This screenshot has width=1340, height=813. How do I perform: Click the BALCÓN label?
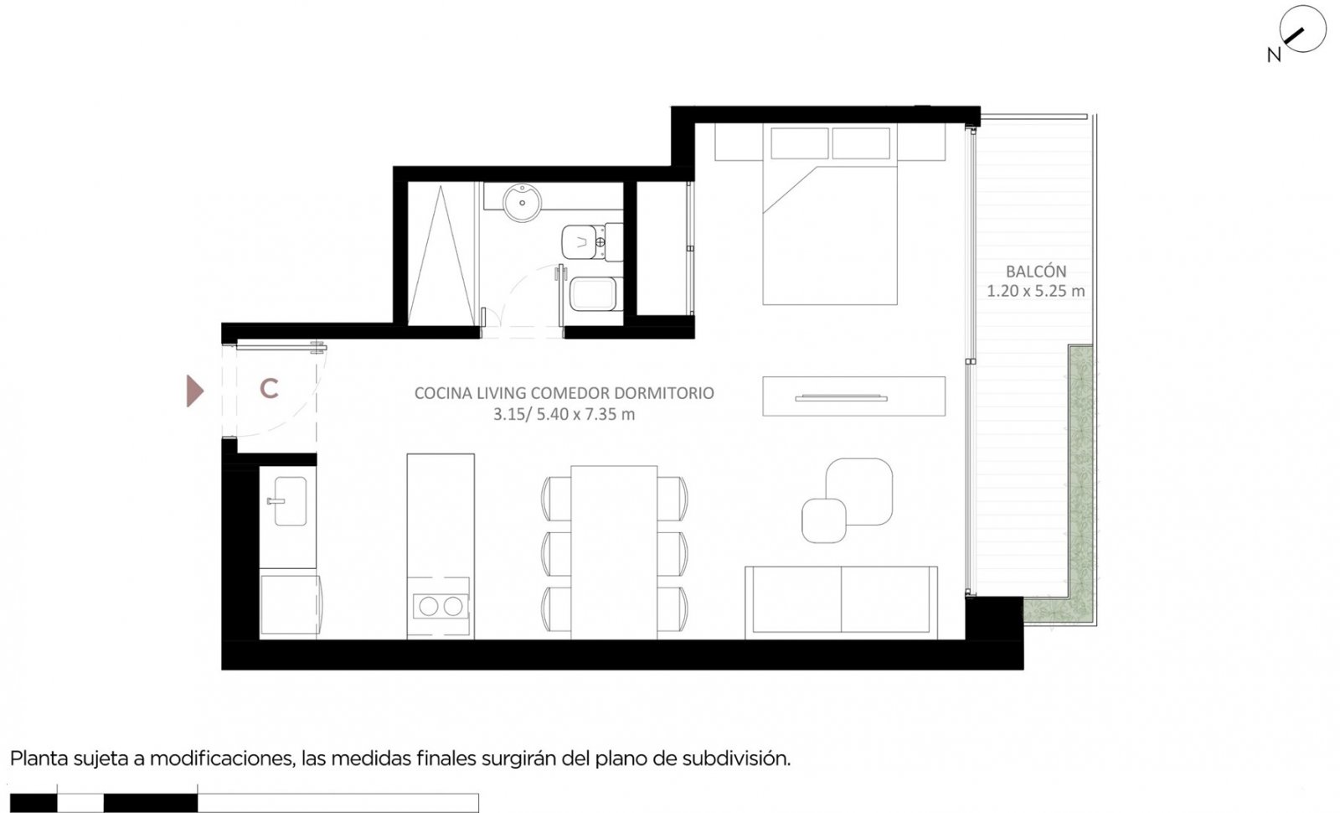click(1035, 272)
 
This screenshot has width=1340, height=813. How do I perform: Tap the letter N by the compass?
click(1274, 55)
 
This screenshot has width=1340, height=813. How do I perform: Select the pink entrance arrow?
click(194, 391)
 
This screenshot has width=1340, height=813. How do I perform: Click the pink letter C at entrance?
click(269, 389)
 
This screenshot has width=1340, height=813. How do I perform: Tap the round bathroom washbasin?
click(522, 202)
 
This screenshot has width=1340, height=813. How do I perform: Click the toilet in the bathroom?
click(591, 242)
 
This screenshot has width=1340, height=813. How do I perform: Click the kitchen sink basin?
click(290, 501)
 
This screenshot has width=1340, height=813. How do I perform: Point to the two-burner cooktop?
click(441, 606)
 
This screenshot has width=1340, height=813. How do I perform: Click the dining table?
click(614, 552)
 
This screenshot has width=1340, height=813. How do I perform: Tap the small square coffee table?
click(824, 520)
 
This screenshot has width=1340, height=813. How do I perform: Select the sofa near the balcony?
click(841, 603)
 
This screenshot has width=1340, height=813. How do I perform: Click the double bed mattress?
click(830, 236)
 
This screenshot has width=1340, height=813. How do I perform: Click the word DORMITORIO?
click(664, 393)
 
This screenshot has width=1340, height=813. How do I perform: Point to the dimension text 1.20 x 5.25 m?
click(1035, 291)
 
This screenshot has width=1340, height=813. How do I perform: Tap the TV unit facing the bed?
click(853, 396)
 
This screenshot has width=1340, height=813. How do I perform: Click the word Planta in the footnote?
click(39, 759)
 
